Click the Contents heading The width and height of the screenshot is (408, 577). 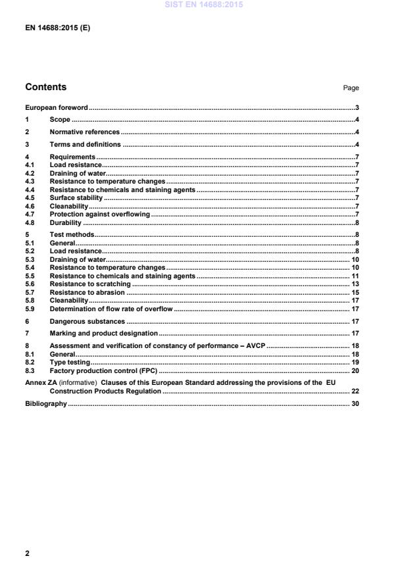pyautogui.click(x=45, y=87)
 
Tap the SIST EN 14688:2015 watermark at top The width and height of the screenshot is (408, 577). pyautogui.click(x=203, y=5)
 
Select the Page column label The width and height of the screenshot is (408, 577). pyautogui.click(x=351, y=88)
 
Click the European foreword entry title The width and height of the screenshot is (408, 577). pyautogui.click(x=57, y=107)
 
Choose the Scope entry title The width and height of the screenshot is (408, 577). pyautogui.click(x=60, y=120)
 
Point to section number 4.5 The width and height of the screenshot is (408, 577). pyautogui.click(x=30, y=197)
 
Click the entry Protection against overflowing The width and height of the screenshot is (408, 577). pyautogui.click(x=100, y=214)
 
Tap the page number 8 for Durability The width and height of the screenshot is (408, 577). pyautogui.click(x=356, y=223)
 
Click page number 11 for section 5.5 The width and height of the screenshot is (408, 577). pyautogui.click(x=354, y=276)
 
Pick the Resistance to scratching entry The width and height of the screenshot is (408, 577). pyautogui.click(x=90, y=284)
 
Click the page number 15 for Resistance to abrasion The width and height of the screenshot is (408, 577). pyautogui.click(x=354, y=292)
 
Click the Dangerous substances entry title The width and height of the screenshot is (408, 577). pyautogui.click(x=87, y=321)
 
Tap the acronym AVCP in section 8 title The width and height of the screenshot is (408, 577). pyautogui.click(x=253, y=346)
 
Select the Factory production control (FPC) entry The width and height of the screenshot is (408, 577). pyautogui.click(x=103, y=371)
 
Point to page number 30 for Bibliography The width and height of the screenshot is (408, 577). pyautogui.click(x=354, y=403)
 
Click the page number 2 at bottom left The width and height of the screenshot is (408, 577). pyautogui.click(x=28, y=554)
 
